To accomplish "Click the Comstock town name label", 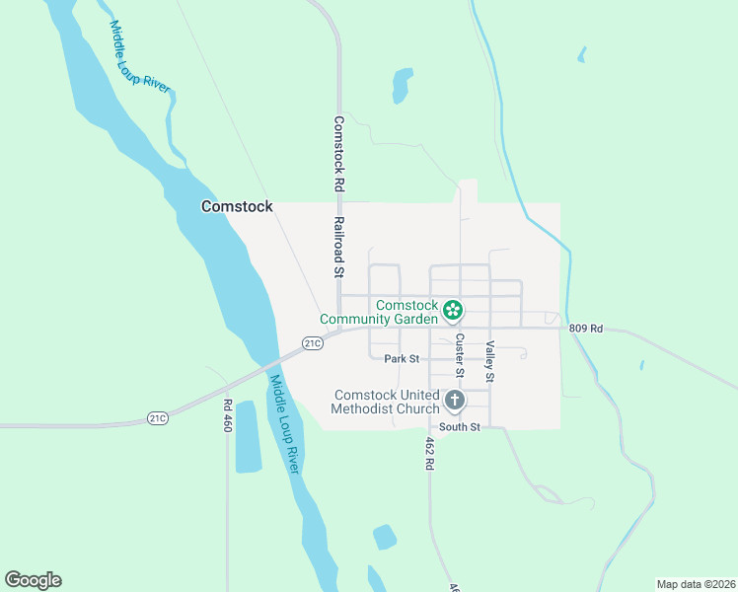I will pyautogui.click(x=236, y=206).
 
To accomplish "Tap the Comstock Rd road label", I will pyautogui.click(x=337, y=154).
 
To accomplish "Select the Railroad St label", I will pyautogui.click(x=337, y=247).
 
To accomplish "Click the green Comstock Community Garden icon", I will pyautogui.click(x=453, y=311).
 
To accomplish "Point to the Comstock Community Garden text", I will pyautogui.click(x=378, y=312).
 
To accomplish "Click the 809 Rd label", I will pyautogui.click(x=585, y=327).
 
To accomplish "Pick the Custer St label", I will pyautogui.click(x=460, y=355).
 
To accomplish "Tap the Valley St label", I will pyautogui.click(x=489, y=362).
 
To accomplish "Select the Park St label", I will pyautogui.click(x=403, y=358).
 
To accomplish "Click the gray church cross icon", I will pyautogui.click(x=454, y=401).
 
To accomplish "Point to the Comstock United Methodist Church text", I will pyautogui.click(x=385, y=402).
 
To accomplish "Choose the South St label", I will pyautogui.click(x=460, y=427).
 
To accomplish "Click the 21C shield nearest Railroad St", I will pyautogui.click(x=313, y=343).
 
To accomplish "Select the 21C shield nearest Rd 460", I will pyautogui.click(x=158, y=418).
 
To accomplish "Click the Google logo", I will pyautogui.click(x=33, y=580).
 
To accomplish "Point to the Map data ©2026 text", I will pyautogui.click(x=696, y=583).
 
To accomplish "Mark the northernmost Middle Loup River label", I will pyautogui.click(x=139, y=57).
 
